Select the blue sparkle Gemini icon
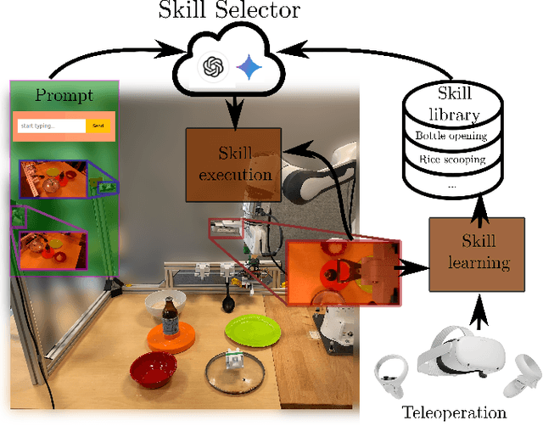(249, 68)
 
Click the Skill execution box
(231, 165)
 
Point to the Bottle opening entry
(451, 136)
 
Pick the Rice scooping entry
(451, 158)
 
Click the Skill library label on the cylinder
(451, 105)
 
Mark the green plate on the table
(252, 329)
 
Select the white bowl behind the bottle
(166, 302)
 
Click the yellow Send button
(98, 126)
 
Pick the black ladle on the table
(229, 297)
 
